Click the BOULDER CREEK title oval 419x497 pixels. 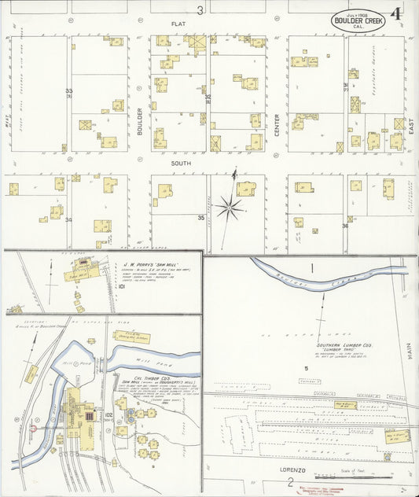[x=358, y=21]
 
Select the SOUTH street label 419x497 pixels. [x=182, y=163]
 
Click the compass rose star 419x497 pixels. [x=230, y=208]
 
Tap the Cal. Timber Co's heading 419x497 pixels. [x=138, y=377]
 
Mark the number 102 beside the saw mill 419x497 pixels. [x=108, y=414]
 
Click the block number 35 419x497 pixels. [x=201, y=218]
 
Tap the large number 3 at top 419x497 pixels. [x=200, y=10]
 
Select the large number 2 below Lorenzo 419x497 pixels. [x=290, y=482]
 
